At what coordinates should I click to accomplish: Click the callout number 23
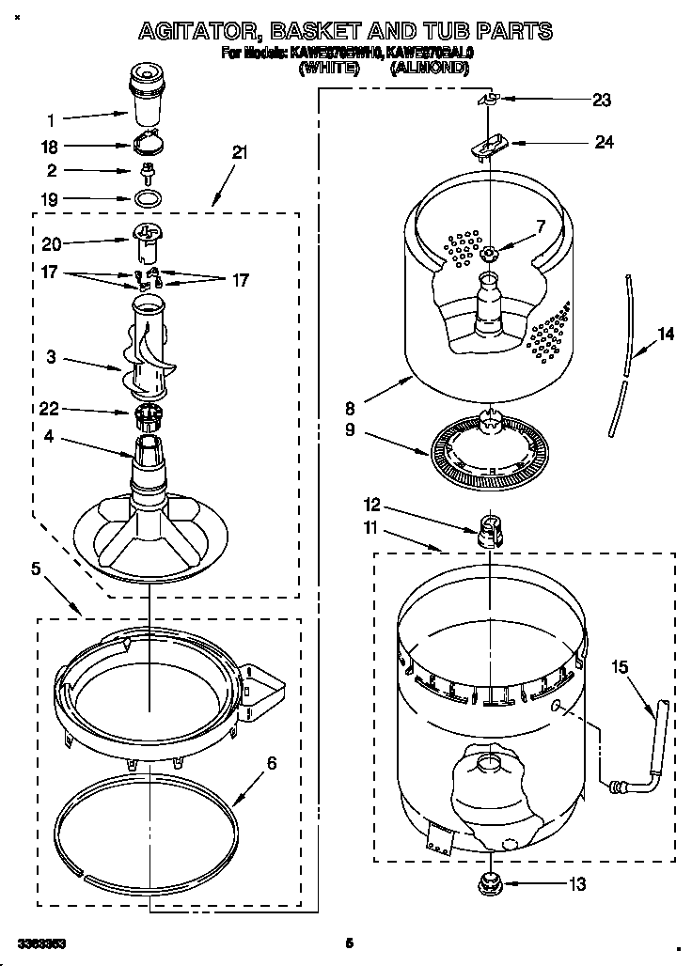602,100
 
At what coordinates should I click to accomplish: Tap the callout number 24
604,142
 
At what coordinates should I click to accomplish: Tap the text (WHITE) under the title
328,69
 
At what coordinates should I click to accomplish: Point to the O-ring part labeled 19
145,199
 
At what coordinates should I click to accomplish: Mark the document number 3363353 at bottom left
40,942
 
